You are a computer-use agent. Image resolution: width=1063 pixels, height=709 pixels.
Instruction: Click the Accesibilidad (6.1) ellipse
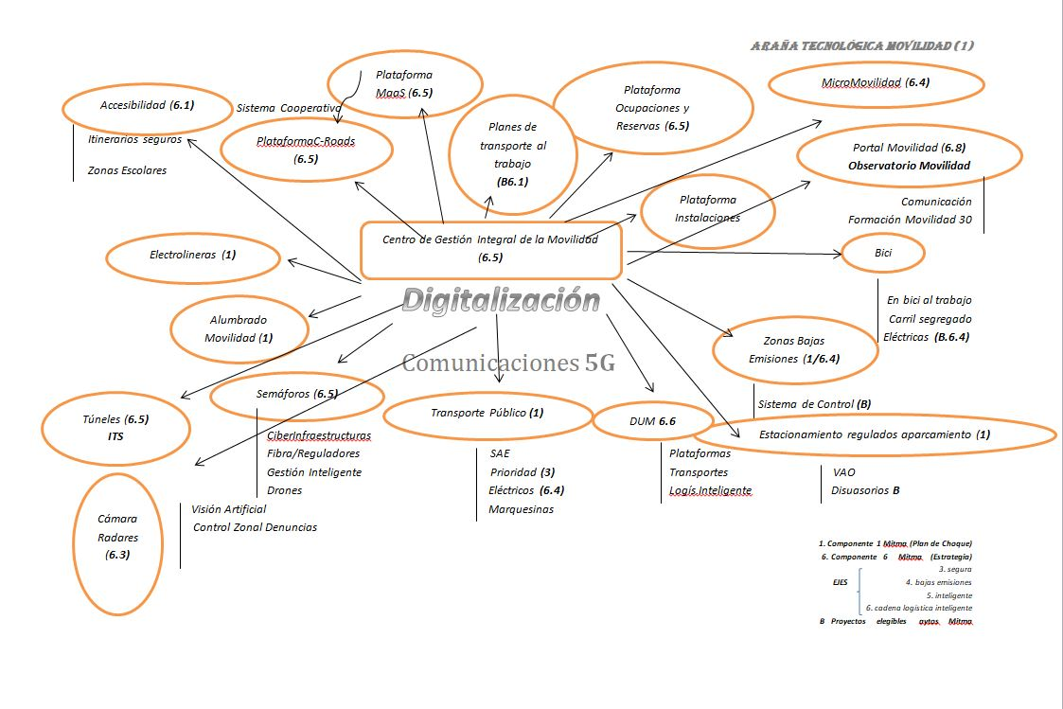point(147,106)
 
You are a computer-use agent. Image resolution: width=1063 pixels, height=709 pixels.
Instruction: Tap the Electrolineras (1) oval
point(193,256)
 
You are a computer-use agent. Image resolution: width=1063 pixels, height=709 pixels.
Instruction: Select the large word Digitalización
point(501,300)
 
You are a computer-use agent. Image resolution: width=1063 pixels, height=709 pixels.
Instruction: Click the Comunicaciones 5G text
point(508,363)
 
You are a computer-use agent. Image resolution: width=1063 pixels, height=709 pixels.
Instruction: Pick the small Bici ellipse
point(883,253)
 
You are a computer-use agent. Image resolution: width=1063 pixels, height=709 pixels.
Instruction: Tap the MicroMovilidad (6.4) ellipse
point(875,83)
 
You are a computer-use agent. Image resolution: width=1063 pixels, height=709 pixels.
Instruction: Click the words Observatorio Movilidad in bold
point(909,166)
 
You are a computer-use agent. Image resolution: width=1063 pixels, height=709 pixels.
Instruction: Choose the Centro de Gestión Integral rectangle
point(490,249)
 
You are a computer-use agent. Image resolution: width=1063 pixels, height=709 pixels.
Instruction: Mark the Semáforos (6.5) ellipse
point(297,395)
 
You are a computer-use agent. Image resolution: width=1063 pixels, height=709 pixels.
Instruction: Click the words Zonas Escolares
point(127,171)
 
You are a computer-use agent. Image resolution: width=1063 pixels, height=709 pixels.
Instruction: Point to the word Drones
point(285,490)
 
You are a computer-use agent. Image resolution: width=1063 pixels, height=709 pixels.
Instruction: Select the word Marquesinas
point(521,509)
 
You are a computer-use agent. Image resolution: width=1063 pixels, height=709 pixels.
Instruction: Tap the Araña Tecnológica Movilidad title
point(861,45)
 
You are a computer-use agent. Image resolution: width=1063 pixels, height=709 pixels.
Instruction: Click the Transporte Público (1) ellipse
point(487,414)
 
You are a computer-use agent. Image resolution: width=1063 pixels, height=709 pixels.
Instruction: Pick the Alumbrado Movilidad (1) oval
point(239,328)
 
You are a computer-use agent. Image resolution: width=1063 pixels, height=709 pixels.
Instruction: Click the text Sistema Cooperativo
point(289,108)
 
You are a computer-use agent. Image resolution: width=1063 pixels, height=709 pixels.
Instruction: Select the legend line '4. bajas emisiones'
point(938,582)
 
